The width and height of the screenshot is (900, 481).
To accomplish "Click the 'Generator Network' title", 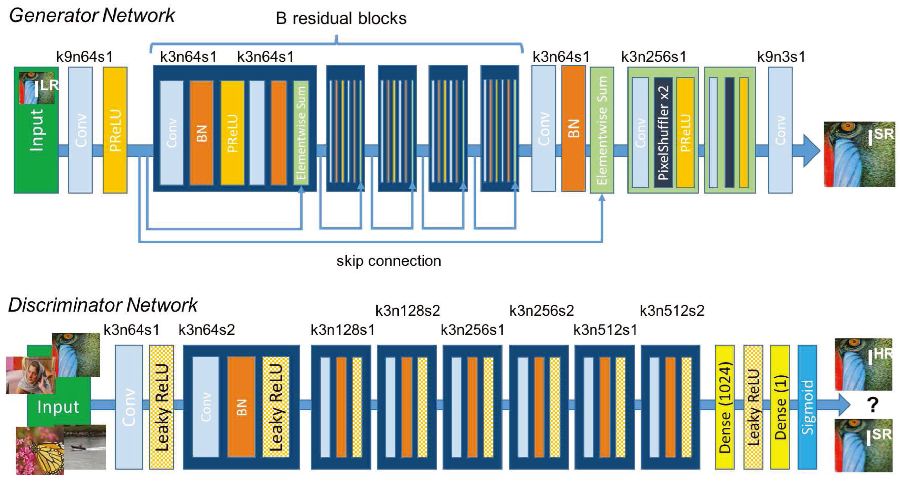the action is (x=91, y=16).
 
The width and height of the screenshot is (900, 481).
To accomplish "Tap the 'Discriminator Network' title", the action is (x=103, y=305).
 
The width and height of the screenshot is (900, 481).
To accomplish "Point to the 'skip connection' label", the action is (x=389, y=261).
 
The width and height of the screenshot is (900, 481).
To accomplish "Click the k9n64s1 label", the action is (x=85, y=57).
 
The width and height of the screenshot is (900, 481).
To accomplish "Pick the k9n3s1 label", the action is (x=781, y=57).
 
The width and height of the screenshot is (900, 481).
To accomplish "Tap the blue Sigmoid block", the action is (x=807, y=407).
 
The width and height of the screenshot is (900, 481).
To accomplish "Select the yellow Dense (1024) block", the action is (x=725, y=407).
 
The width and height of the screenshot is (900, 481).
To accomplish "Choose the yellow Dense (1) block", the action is (x=780, y=407).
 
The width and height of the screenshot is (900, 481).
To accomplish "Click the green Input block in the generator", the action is (x=36, y=130).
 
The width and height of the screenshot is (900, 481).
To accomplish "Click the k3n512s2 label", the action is (x=672, y=311).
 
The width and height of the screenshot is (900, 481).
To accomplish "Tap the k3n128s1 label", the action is (x=343, y=330).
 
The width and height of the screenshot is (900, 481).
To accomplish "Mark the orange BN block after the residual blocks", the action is (x=574, y=129).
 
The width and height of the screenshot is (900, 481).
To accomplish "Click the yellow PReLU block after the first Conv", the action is (x=115, y=130).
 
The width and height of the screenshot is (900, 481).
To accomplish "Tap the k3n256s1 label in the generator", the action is (x=654, y=57).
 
